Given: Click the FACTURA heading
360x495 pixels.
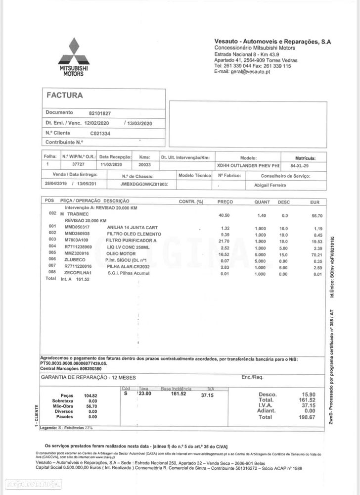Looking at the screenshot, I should coord(65,95).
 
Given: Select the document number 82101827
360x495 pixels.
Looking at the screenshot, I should coord(100,113).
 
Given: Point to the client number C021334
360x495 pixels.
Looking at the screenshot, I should coord(100,133).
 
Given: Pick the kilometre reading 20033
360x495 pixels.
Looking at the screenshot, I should coord(145,164).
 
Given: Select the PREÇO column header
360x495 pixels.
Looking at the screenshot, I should coord(225,202).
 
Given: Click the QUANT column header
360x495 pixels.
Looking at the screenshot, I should coord(262,202).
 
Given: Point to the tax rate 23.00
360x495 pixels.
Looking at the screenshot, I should coord(145,394).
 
